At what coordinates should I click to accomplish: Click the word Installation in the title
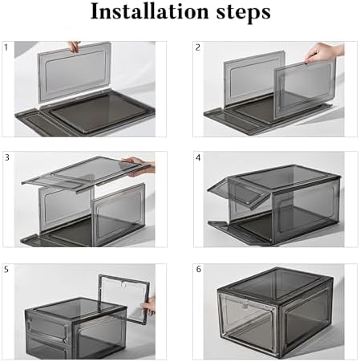(149, 12)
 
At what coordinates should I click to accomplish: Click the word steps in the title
(244, 13)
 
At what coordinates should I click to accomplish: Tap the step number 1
(6, 47)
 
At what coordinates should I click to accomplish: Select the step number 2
(198, 47)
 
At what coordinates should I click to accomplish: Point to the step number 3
(7, 157)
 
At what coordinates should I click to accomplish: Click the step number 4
(198, 157)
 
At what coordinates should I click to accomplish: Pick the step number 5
(6, 270)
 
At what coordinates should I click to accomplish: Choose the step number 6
(198, 269)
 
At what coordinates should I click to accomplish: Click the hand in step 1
(74, 47)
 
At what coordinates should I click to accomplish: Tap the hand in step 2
(323, 52)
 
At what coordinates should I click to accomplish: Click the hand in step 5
(148, 306)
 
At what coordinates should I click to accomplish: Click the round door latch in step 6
(245, 305)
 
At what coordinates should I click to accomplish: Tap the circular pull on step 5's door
(123, 285)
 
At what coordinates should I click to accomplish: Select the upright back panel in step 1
(75, 72)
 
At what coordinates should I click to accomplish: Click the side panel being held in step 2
(305, 88)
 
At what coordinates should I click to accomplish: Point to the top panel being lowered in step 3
(87, 174)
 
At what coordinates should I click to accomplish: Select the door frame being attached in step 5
(124, 299)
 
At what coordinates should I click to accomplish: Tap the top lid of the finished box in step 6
(275, 283)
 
